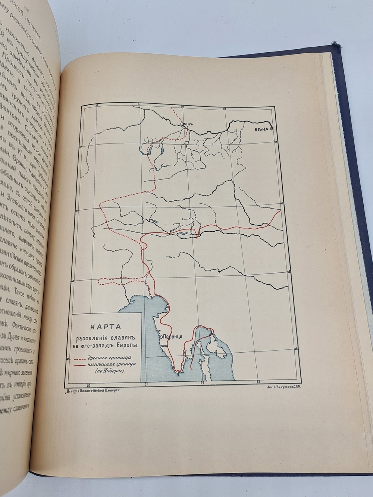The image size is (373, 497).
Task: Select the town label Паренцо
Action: coord(172,336)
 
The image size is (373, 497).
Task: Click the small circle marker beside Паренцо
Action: coord(160,336)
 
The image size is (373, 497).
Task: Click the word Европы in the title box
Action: coord(128,345)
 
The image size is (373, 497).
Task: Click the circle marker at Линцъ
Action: coord(183,126)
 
